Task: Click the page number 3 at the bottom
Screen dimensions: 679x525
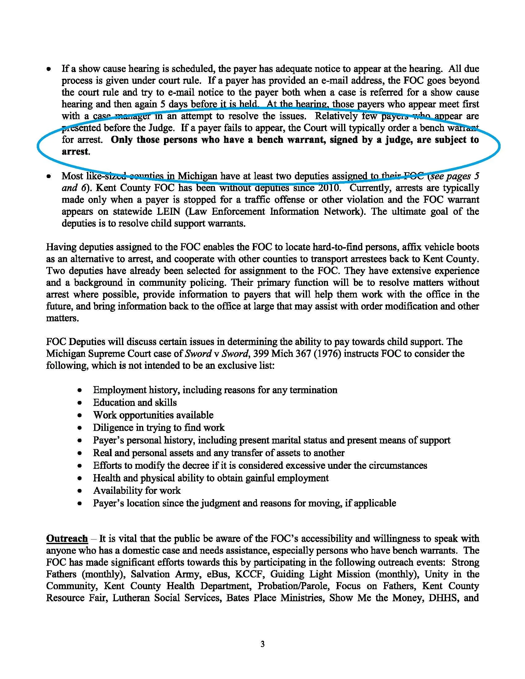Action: coord(262,644)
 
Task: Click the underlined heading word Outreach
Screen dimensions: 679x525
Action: coord(67,539)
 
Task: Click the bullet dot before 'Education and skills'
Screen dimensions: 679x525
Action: coord(80,403)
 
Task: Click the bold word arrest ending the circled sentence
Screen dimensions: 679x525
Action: coord(75,152)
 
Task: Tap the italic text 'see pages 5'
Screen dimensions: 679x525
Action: coord(453,176)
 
